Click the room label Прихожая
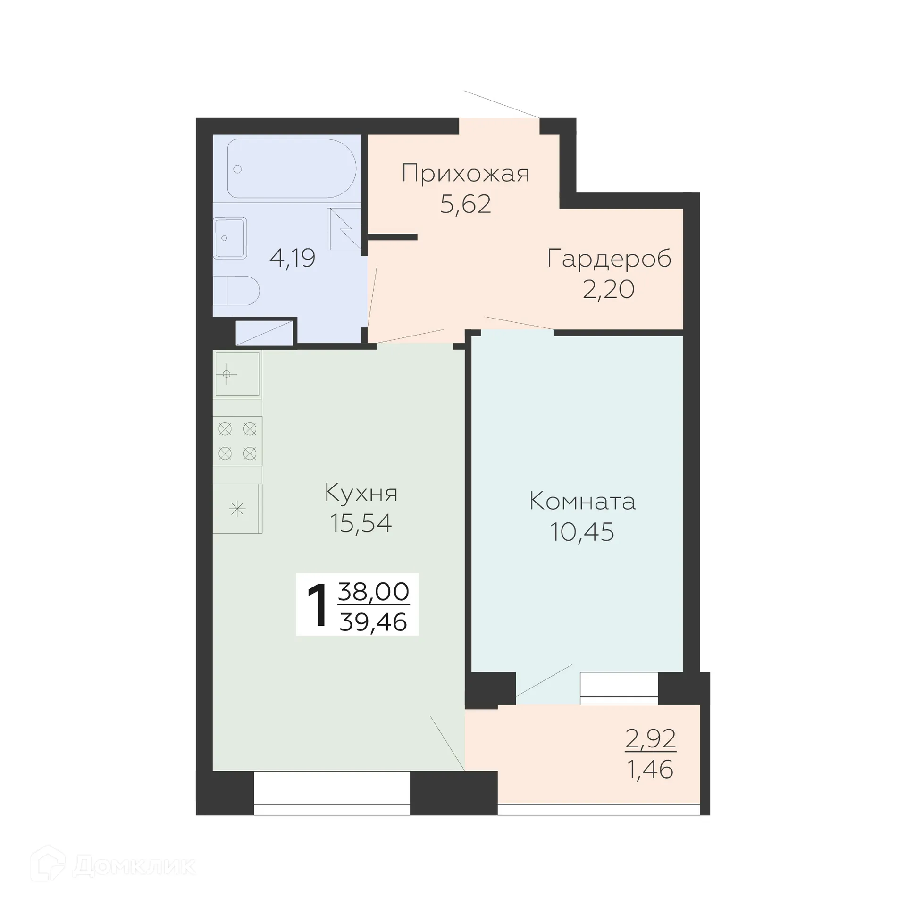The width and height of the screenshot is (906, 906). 465,174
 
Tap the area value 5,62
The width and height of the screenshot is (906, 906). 465,204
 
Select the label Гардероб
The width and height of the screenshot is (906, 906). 609,259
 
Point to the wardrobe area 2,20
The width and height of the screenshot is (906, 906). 608,289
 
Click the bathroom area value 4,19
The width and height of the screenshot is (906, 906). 292,258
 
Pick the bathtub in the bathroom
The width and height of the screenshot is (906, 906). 291,168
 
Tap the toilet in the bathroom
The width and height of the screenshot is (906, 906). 236,291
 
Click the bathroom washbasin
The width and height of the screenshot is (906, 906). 230,237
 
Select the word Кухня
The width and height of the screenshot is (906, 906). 361,493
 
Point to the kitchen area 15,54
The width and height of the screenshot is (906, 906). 361,523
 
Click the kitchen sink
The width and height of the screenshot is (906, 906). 237,374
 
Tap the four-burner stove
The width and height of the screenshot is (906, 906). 237,441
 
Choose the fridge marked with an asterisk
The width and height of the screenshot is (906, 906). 237,509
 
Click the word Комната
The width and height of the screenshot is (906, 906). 582,502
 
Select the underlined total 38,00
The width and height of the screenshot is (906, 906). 373,592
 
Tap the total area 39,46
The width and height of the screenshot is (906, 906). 373,622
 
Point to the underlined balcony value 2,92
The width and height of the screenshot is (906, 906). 650,739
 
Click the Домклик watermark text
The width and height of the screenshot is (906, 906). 134,865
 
